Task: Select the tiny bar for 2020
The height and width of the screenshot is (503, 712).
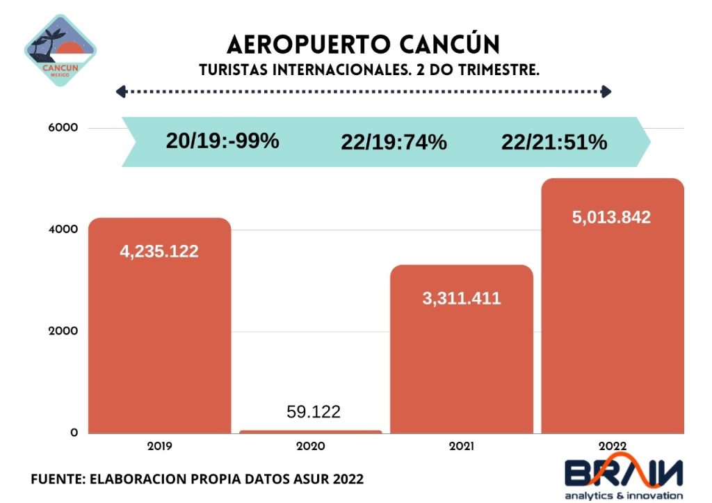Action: [311, 432]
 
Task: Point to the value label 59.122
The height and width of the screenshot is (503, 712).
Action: [314, 412]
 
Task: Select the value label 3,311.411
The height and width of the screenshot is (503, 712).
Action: [462, 299]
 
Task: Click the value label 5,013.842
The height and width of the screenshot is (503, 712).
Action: [612, 217]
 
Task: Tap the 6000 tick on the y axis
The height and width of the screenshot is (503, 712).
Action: [63, 128]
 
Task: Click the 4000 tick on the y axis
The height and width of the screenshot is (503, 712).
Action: [63, 230]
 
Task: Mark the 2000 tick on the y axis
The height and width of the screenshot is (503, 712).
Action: [63, 331]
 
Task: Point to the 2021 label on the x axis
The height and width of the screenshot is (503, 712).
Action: [462, 447]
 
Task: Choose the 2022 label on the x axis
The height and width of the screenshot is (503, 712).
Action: [613, 447]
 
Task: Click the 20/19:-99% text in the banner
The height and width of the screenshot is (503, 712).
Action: [222, 141]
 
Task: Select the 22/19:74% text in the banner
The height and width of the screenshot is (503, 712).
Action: [394, 143]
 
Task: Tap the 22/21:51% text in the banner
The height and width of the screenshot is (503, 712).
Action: [554, 143]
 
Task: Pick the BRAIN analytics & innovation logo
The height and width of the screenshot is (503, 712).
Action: [623, 478]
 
